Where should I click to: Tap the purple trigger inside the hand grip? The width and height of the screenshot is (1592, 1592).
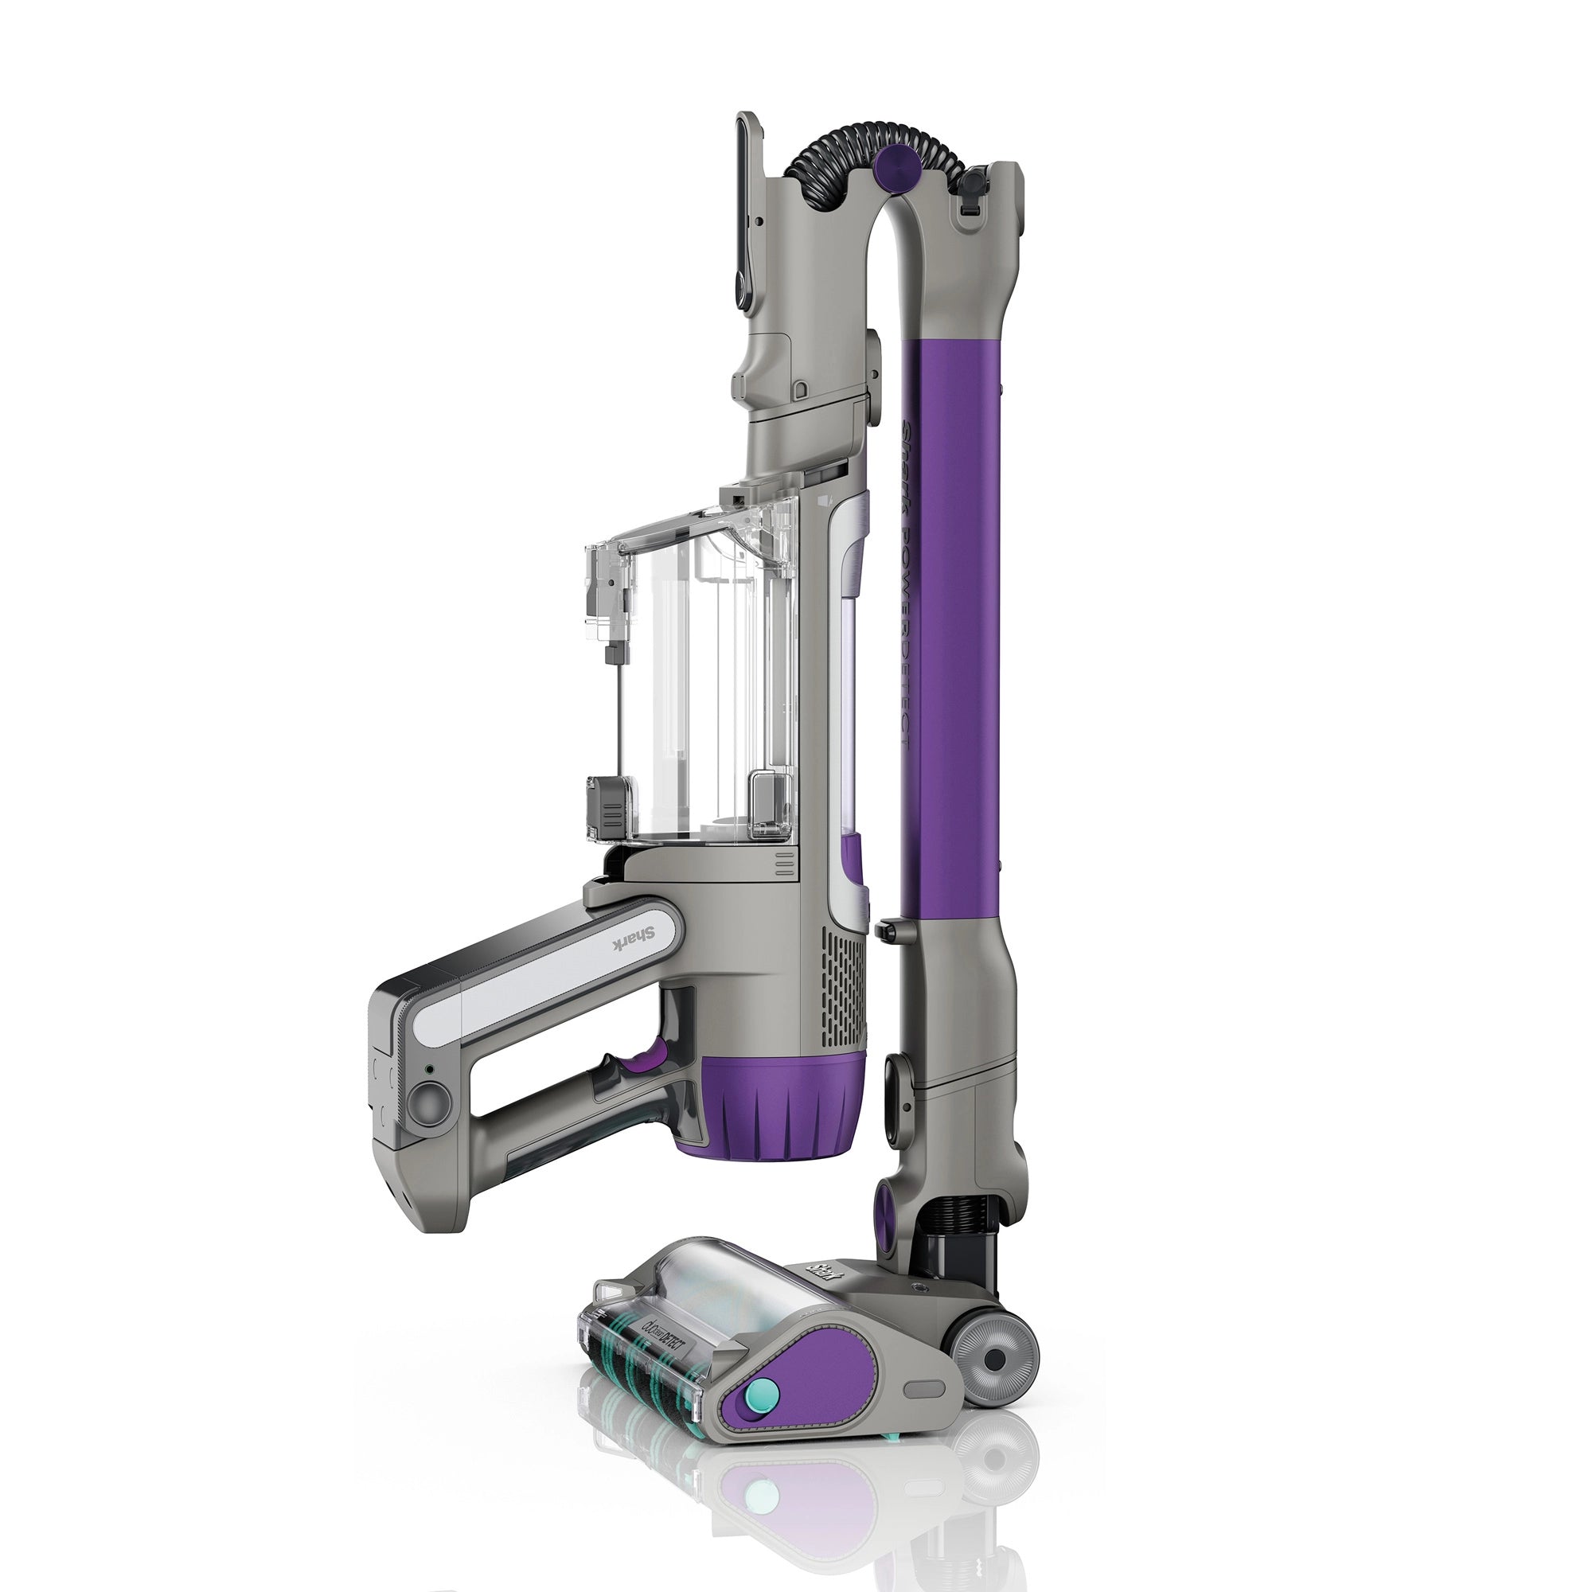(x=646, y=1058)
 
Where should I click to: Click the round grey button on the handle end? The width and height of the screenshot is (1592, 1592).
(x=430, y=1099)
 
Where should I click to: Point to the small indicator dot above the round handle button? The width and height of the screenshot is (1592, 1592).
(x=428, y=1070)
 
